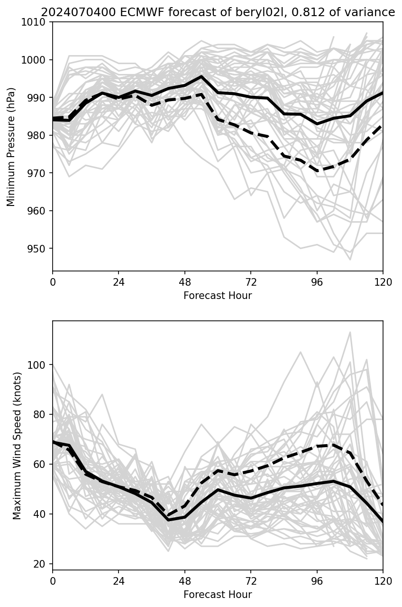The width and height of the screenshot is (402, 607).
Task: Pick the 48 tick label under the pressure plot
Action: [184, 282]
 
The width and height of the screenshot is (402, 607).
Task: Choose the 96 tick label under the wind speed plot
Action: [317, 580]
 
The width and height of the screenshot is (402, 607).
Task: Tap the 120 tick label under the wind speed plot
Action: [383, 580]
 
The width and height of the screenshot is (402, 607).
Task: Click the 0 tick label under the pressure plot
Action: [53, 282]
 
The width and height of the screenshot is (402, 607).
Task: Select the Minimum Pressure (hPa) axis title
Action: [11, 147]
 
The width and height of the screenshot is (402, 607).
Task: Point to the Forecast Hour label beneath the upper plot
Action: [218, 296]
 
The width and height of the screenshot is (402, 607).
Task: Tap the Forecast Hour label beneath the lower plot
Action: [218, 594]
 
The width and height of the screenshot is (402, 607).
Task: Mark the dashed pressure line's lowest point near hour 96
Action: [317, 170]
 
